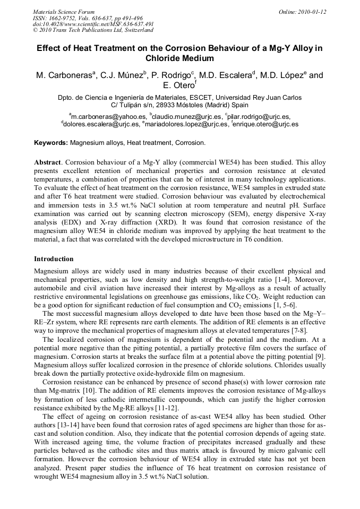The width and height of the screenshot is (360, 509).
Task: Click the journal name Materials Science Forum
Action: point(64,12)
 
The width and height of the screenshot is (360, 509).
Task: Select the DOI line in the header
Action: point(93,24)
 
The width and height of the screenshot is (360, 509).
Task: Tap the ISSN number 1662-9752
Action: point(66,18)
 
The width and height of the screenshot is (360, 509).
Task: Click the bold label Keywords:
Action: point(51,143)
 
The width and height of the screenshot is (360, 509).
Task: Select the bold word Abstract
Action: point(47,161)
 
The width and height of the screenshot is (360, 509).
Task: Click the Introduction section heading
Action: point(54,259)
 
